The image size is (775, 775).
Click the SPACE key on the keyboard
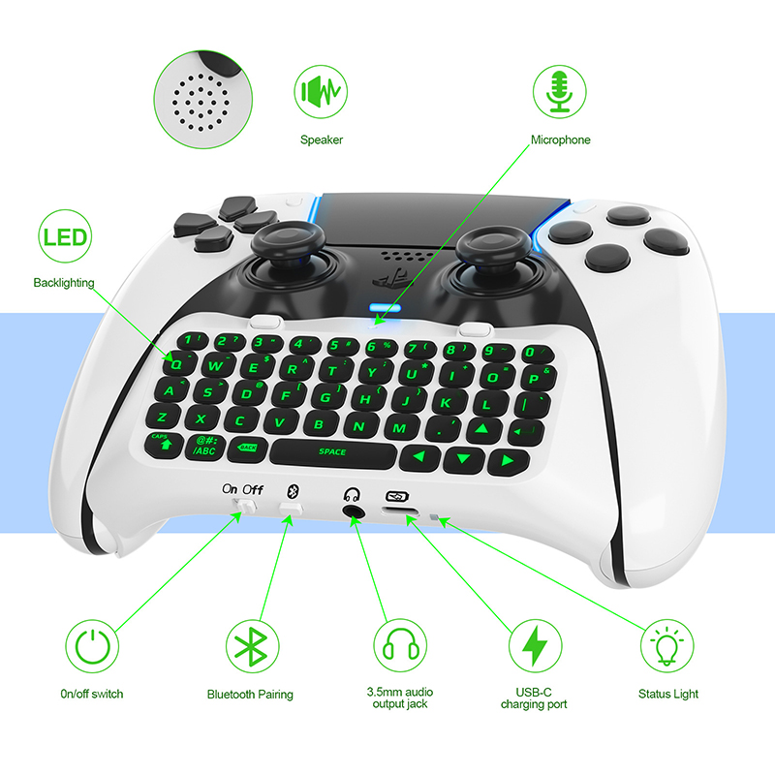333,452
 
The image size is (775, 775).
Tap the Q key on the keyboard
177,363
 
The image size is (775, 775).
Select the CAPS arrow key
163,444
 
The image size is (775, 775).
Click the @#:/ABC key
204,447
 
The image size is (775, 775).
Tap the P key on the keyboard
537,377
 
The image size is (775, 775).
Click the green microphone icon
559,91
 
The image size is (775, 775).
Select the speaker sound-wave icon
321,91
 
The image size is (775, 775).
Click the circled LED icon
65,236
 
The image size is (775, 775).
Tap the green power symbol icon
92,645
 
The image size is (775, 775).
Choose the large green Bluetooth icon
252,645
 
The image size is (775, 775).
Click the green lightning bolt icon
535,645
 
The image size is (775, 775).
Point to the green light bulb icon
666,645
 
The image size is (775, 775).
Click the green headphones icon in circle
400,645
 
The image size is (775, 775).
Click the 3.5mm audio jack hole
353,511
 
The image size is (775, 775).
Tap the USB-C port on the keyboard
399,511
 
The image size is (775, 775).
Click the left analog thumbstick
288,245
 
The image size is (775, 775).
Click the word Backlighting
64,283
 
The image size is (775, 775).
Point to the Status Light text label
667,694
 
